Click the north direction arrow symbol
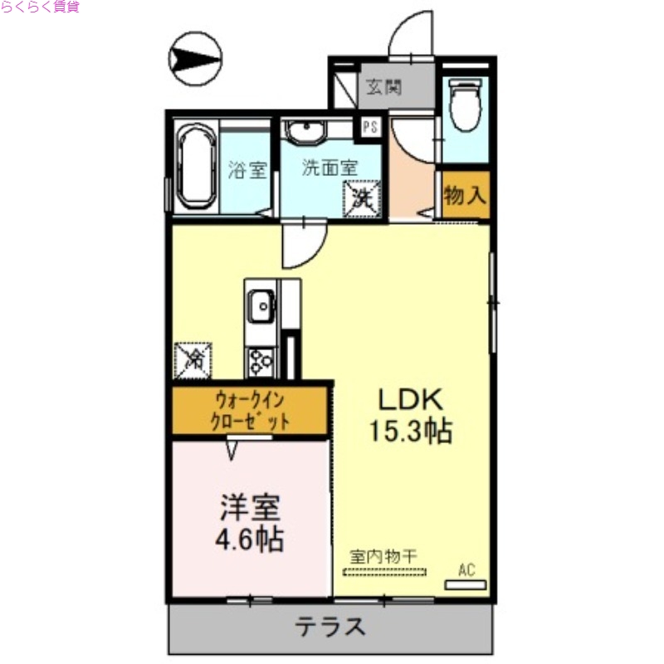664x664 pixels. [x=195, y=59]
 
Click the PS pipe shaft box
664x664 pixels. [x=369, y=127]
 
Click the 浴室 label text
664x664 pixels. [x=247, y=171]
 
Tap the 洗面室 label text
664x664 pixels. [x=330, y=167]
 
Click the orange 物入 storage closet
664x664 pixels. [x=465, y=196]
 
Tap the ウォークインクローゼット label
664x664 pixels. [x=249, y=411]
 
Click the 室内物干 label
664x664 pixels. [x=382, y=556]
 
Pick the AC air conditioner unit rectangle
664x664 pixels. [x=466, y=584]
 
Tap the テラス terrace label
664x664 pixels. [x=330, y=627]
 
